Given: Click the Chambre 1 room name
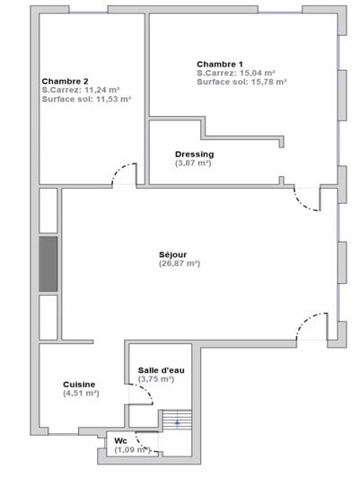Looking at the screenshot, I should click(219, 63).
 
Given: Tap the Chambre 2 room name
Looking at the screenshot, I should click(64, 80).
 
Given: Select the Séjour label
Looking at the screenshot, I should click(178, 254).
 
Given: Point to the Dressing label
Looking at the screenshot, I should click(194, 154).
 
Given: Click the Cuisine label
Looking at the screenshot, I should click(79, 384).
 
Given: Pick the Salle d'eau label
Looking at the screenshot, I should click(159, 370).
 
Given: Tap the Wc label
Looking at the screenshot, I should click(120, 441).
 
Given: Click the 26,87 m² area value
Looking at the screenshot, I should click(179, 263).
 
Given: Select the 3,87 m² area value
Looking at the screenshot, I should click(194, 163).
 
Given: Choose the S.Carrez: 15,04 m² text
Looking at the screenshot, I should click(236, 72).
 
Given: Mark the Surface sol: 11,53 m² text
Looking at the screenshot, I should click(86, 99).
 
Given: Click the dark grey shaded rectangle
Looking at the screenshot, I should click(48, 263).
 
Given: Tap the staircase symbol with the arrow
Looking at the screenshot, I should click(177, 420).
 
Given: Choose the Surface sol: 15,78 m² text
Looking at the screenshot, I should click(241, 82).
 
